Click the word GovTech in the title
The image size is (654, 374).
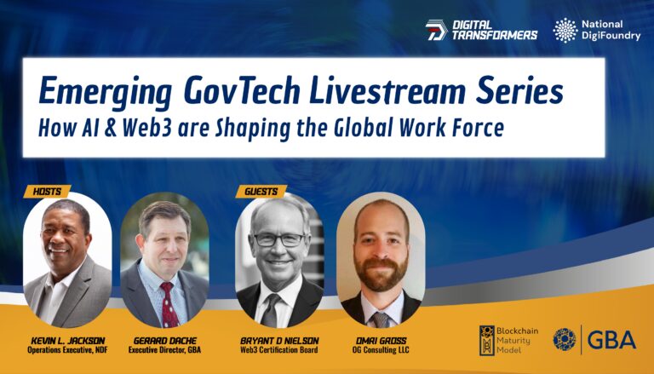pyautogui.click(x=242, y=91)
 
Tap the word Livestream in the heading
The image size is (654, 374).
pyautogui.click(x=387, y=91)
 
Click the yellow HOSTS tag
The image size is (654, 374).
pyautogui.click(x=47, y=192)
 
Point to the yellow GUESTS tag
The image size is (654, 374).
pyautogui.click(x=261, y=192)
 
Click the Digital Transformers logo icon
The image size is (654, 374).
pyautogui.click(x=436, y=30)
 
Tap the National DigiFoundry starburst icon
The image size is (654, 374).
pyautogui.click(x=565, y=30)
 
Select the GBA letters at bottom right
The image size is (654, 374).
pyautogui.click(x=611, y=340)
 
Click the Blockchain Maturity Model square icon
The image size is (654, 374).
pyautogui.click(x=487, y=340)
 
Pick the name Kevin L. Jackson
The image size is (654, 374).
pyautogui.click(x=68, y=341)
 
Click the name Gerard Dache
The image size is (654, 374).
pyautogui.click(x=164, y=341)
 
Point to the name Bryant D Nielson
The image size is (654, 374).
pyautogui.click(x=279, y=341)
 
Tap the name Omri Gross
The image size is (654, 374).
pyautogui.click(x=381, y=341)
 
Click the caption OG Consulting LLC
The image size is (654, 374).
pyautogui.click(x=381, y=350)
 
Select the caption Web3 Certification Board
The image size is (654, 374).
pyautogui.click(x=279, y=350)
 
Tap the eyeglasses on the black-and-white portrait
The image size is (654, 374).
pyautogui.click(x=279, y=239)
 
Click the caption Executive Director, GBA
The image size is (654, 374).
pyautogui.click(x=164, y=350)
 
